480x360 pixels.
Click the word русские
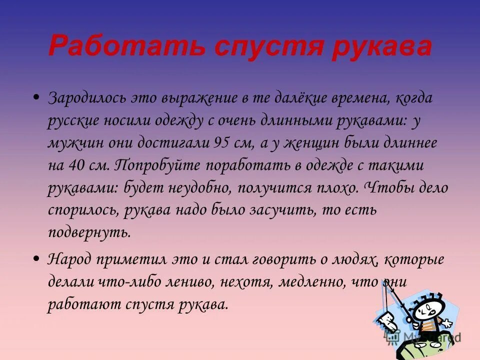point(73,121)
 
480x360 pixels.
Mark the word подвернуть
point(89,232)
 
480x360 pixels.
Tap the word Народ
point(69,259)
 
